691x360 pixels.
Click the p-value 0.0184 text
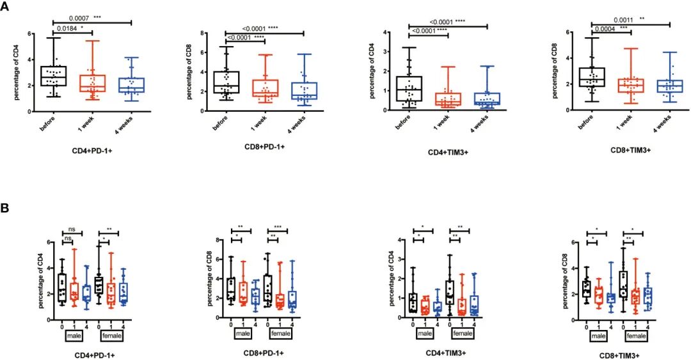68,28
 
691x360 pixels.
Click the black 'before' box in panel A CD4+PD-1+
53,75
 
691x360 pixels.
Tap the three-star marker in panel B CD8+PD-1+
278,228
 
